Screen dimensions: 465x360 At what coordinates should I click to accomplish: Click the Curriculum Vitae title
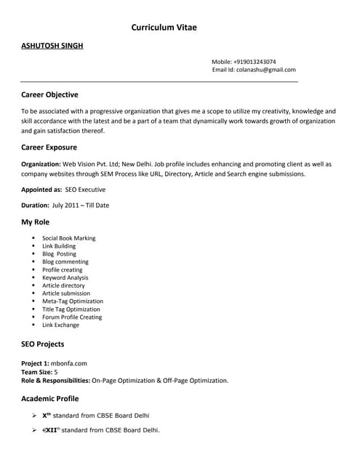164,27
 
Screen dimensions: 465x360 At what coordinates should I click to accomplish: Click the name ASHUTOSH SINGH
52,46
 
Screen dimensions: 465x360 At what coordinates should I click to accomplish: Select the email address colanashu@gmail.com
265,70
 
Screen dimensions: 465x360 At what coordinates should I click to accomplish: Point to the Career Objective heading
49,94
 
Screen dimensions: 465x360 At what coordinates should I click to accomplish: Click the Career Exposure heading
49,147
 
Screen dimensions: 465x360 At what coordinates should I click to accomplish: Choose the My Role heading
37,222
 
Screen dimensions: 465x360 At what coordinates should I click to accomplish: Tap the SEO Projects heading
43,344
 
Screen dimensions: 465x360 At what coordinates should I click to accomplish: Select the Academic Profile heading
50,398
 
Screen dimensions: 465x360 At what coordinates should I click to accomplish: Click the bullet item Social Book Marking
68,238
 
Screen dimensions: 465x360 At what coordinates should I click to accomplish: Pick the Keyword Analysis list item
65,278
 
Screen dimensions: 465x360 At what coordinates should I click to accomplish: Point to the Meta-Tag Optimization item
73,301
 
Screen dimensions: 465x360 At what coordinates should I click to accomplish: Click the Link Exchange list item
60,325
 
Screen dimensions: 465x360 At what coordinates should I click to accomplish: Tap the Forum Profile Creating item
72,317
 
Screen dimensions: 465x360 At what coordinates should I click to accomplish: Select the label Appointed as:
41,189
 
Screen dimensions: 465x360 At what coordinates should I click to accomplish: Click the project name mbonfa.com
70,363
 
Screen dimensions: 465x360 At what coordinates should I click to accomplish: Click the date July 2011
67,205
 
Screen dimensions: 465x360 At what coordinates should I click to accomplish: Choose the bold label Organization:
41,164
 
